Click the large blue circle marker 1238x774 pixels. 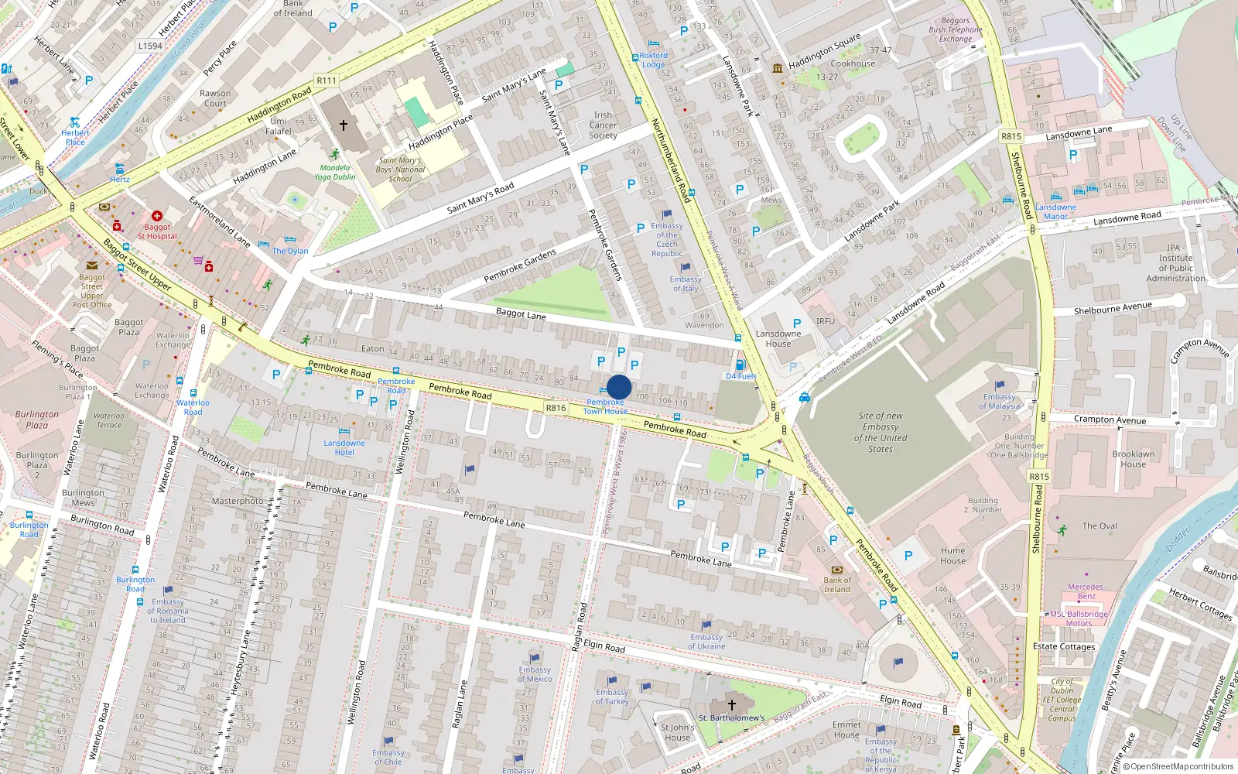[619, 387]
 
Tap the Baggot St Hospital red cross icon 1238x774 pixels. [157, 216]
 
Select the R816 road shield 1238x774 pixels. [556, 408]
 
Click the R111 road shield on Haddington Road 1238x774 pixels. [327, 80]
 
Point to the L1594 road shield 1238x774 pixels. [150, 46]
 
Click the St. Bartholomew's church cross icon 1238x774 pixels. [731, 705]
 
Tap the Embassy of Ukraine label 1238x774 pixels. [706, 642]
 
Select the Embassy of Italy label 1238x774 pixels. [686, 284]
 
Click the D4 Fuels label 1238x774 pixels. [740, 376]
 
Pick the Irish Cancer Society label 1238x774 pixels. [603, 125]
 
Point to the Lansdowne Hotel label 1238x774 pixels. [344, 447]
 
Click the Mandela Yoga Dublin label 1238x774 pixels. [335, 172]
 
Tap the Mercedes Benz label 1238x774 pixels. [1086, 591]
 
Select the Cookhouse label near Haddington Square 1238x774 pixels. [853, 63]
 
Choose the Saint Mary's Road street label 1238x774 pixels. [480, 198]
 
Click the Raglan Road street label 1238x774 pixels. [578, 626]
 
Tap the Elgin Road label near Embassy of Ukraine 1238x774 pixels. [604, 646]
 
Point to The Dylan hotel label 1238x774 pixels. [290, 251]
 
